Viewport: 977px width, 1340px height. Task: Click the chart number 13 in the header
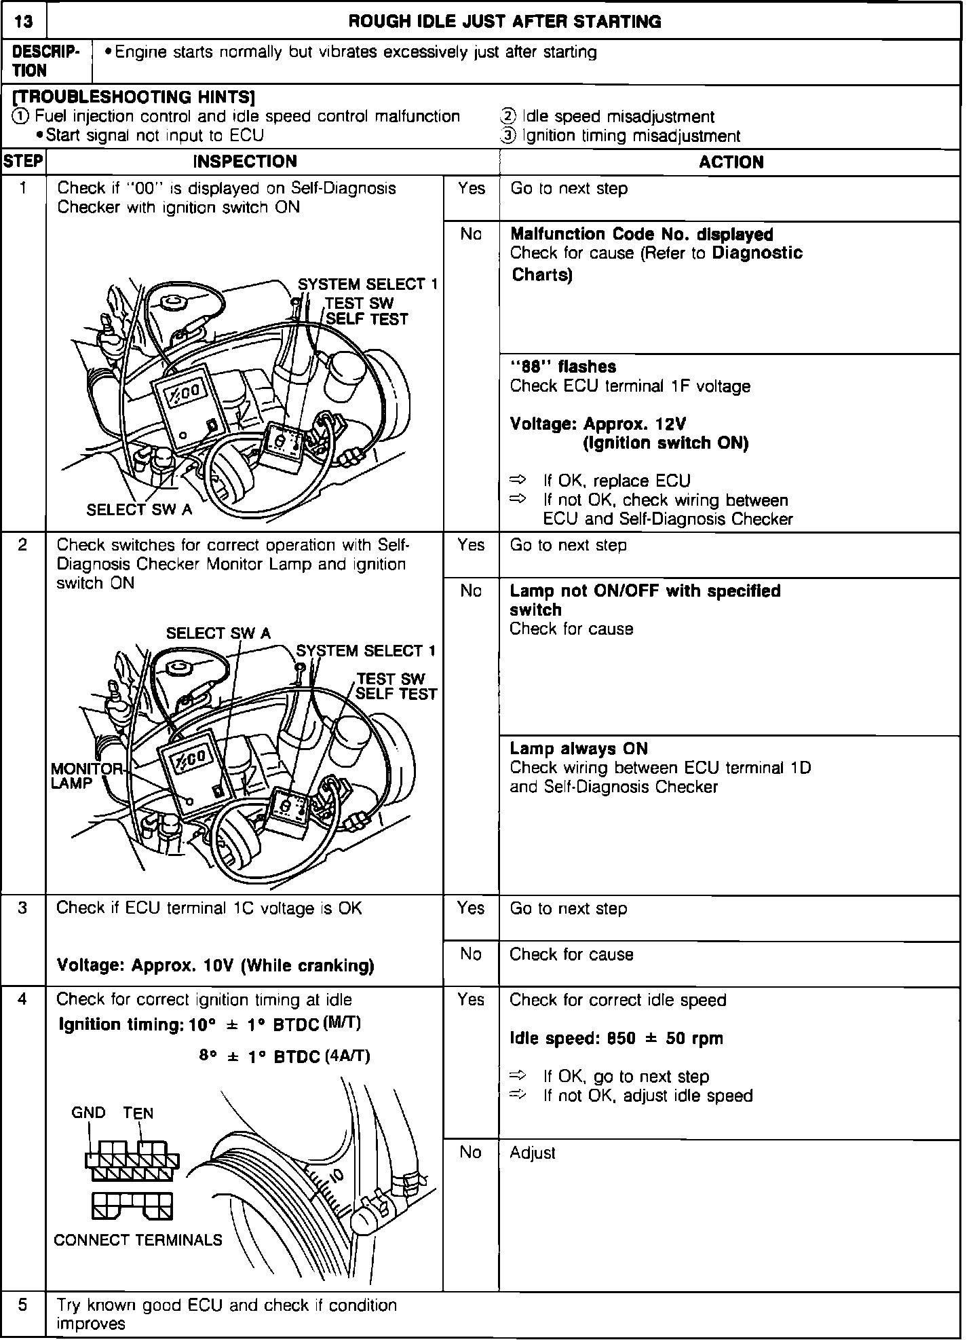tap(23, 22)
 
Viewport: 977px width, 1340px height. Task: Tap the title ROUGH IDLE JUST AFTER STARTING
tap(504, 22)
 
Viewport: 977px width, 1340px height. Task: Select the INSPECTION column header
tap(245, 162)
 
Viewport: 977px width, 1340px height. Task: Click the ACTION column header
tap(731, 162)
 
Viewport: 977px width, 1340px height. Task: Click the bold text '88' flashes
tap(562, 367)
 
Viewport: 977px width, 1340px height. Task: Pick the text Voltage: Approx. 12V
tap(598, 424)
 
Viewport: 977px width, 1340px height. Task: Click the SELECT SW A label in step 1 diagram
tap(139, 510)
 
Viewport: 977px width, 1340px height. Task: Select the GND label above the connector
tap(88, 1113)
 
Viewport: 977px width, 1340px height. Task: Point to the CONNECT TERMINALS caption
tap(138, 1240)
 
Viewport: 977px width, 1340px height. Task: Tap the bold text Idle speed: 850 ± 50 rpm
tap(616, 1039)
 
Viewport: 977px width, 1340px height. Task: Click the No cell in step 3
tap(470, 954)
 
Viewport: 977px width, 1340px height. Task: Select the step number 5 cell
tap(23, 1305)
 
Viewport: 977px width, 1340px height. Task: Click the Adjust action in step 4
tap(532, 1153)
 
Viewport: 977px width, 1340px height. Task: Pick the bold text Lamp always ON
tap(578, 749)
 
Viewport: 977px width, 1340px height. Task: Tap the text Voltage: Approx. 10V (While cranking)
tap(215, 965)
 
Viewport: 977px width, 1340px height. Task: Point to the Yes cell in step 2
tap(470, 545)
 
